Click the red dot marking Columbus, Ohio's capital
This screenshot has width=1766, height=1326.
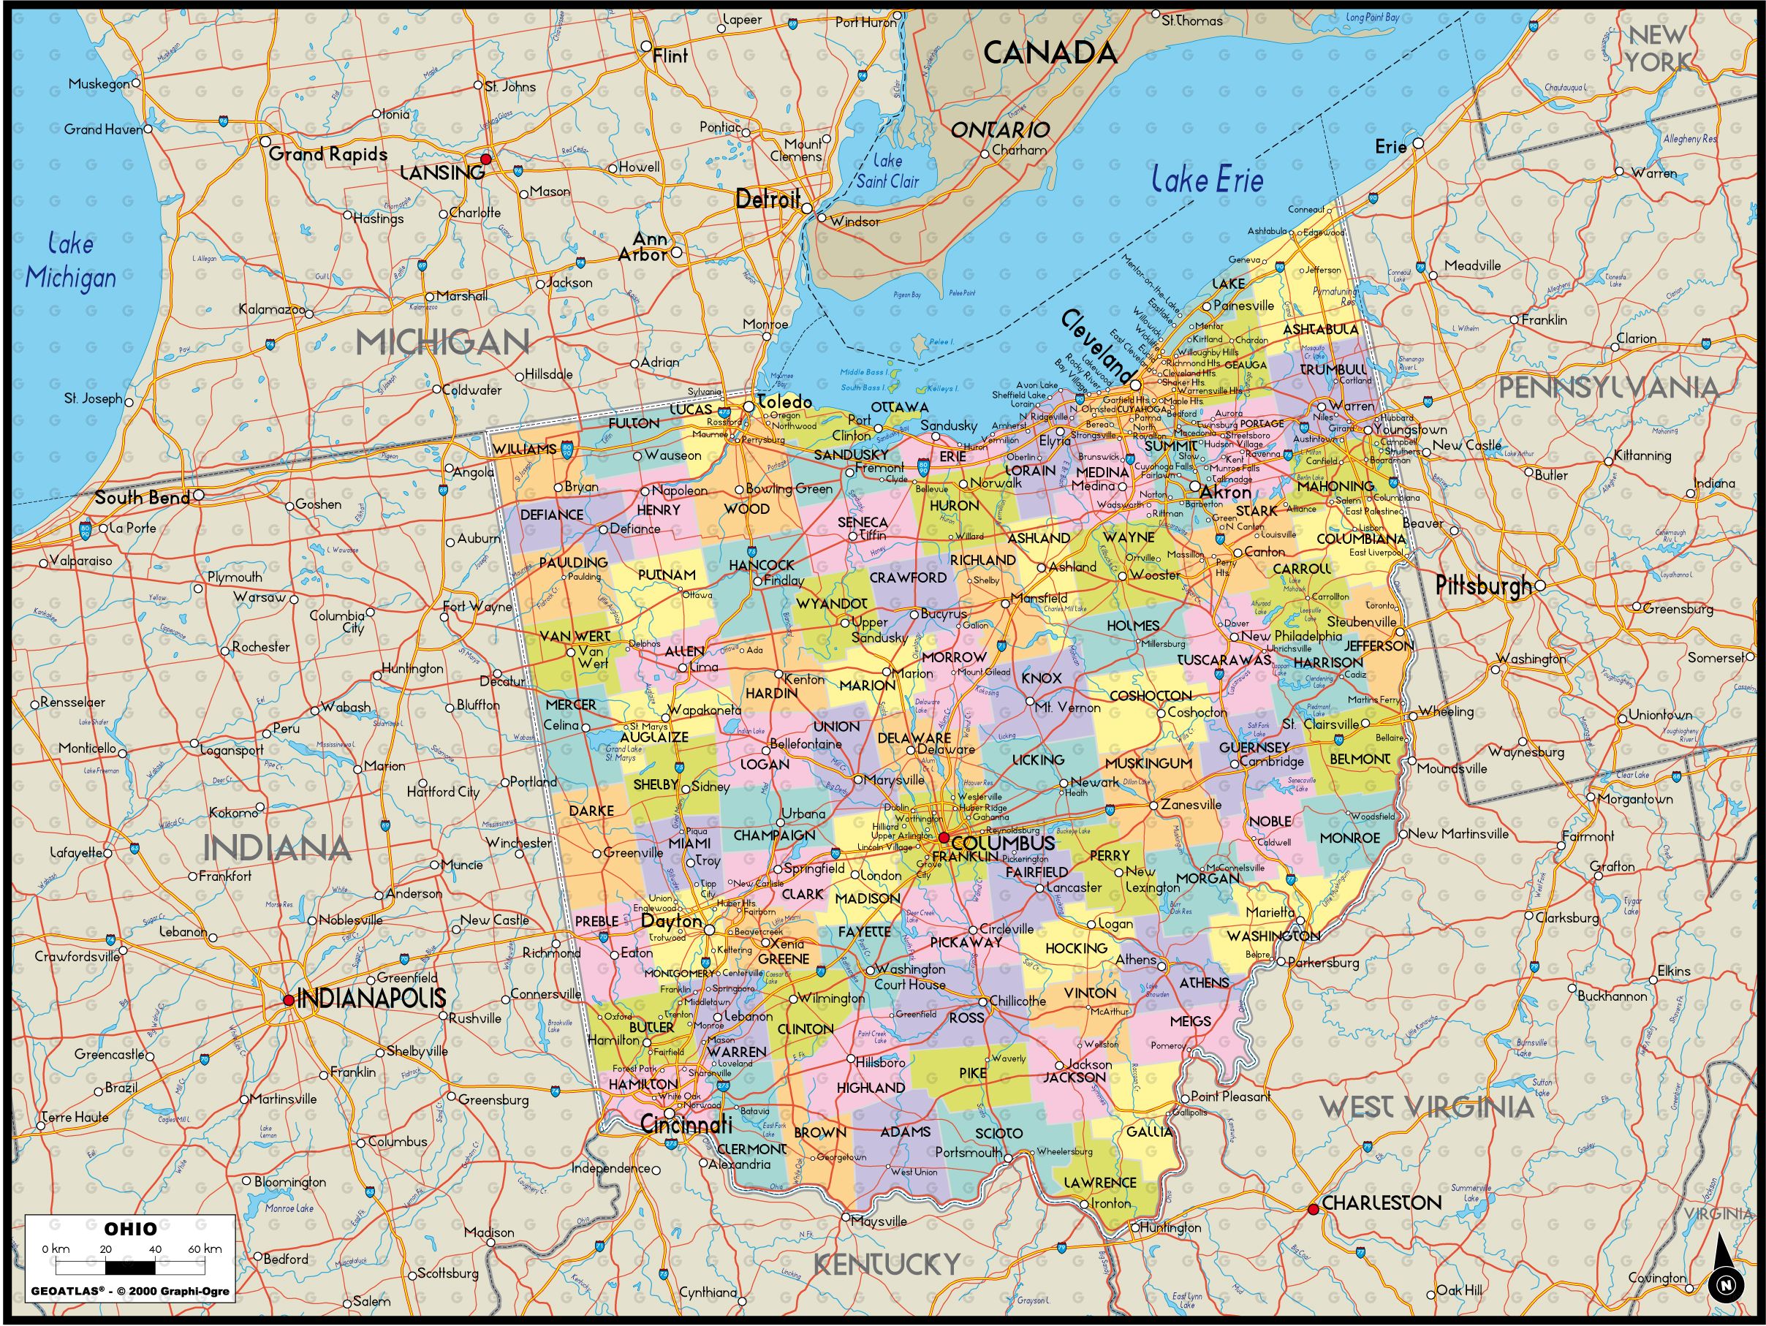[x=944, y=838]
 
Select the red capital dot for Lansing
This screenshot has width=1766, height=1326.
[x=485, y=159]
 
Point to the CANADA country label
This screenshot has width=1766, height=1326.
[x=1049, y=53]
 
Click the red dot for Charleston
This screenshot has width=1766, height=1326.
[x=1314, y=1211]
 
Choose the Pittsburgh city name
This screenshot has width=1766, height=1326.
[x=1484, y=586]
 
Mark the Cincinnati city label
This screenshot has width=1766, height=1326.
[x=686, y=1126]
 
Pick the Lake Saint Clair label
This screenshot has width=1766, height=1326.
[x=887, y=171]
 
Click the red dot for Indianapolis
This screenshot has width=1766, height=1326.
[x=288, y=999]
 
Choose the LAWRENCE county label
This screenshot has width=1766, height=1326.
[x=1099, y=1182]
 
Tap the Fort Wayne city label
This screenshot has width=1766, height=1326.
[x=477, y=607]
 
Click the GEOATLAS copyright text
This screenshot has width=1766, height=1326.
[x=130, y=1291]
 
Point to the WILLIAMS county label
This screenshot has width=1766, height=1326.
[x=523, y=450]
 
